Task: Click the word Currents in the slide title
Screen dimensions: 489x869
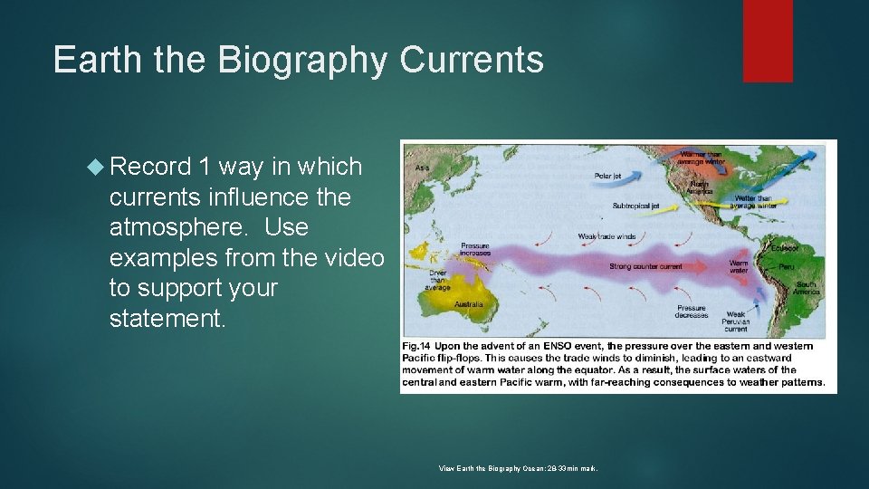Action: coord(472,60)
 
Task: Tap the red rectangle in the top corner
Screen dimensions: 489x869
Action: coord(768,41)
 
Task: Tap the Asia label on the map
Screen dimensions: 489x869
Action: coord(422,168)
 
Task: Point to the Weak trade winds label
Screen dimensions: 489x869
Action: coord(606,237)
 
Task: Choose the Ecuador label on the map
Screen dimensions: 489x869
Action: coord(786,246)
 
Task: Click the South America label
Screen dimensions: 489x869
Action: coord(806,287)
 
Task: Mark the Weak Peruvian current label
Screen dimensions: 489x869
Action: coord(735,321)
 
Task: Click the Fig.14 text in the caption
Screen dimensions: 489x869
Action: coord(415,346)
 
